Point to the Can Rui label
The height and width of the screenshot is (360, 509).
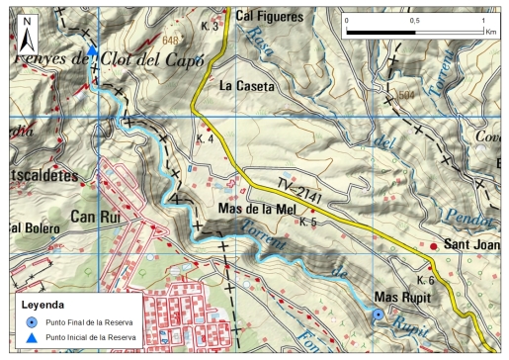97,217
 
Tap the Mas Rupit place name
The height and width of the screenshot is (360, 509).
403,296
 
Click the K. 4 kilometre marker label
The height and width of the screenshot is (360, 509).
206,138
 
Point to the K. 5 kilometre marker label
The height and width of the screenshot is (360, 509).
307,223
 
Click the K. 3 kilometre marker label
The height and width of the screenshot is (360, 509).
210,26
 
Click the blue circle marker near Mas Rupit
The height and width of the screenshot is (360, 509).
377,315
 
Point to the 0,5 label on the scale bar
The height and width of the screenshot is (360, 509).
413,20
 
